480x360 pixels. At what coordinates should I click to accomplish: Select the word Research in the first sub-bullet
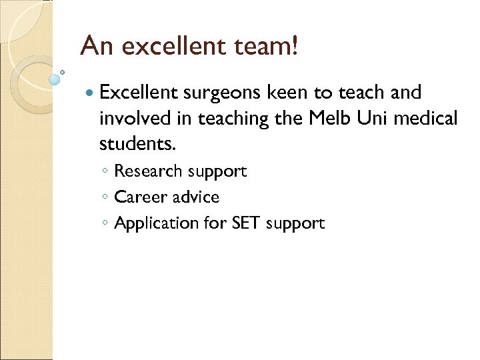tap(148, 171)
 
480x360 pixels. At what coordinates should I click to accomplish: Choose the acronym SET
tap(246, 223)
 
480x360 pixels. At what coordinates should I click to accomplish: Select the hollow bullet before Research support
tap(106, 172)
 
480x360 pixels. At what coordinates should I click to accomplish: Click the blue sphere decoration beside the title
tap(54, 80)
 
